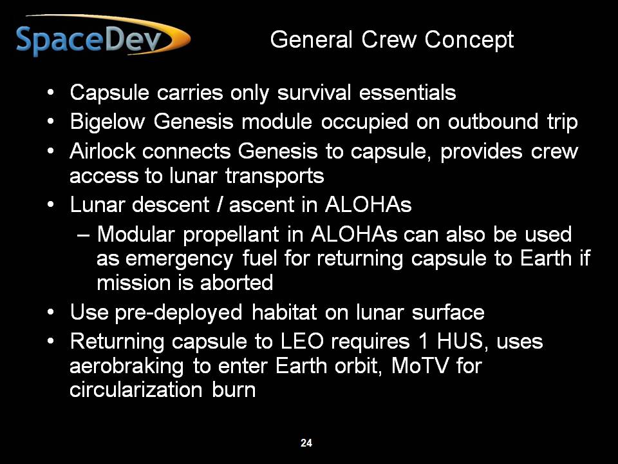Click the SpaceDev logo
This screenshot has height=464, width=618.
(103, 35)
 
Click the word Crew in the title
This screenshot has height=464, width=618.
(389, 39)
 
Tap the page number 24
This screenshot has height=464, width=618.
(306, 443)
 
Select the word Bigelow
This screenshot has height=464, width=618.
(108, 122)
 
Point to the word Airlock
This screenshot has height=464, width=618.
(103, 151)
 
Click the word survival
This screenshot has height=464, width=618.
(314, 93)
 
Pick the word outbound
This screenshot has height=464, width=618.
(492, 122)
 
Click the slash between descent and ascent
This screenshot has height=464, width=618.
(220, 205)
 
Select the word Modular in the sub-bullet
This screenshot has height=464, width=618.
(136, 234)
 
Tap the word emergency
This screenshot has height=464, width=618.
(180, 260)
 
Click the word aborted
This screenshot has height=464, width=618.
(236, 282)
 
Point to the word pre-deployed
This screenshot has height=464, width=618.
(178, 313)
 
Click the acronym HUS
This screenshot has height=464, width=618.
(460, 342)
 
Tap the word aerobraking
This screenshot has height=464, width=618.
(127, 367)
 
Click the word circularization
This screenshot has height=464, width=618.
(136, 390)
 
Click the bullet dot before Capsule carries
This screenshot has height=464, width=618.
(50, 93)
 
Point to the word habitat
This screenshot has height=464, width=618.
(284, 313)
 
